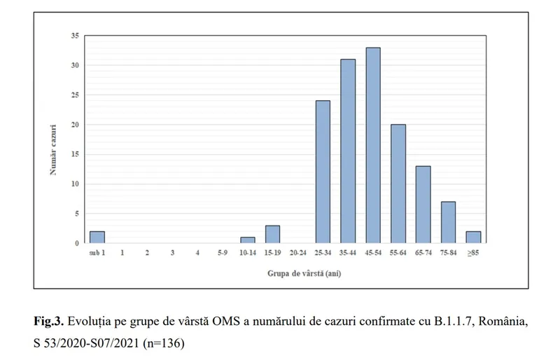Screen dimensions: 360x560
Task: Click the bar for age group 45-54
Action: [x=373, y=146]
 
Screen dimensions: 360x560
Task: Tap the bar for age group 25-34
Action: [x=323, y=172]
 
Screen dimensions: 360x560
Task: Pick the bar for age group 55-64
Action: [x=398, y=184]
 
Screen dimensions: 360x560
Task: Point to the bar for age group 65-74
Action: [x=423, y=205]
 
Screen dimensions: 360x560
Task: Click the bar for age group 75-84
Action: [x=448, y=223]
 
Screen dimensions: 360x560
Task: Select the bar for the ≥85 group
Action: [x=473, y=237]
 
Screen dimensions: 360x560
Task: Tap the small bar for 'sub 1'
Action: [x=97, y=237]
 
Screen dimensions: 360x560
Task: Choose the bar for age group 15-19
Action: [x=272, y=235]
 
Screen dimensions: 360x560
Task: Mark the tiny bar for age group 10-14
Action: [x=247, y=240]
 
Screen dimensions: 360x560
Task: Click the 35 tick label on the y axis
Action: [x=75, y=36]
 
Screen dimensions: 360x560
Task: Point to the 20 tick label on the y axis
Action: [x=75, y=125]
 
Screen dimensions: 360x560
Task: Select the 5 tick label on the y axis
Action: [x=76, y=214]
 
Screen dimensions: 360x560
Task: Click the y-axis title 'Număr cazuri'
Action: [x=54, y=140]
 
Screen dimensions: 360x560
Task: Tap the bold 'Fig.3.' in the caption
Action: [x=50, y=323]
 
